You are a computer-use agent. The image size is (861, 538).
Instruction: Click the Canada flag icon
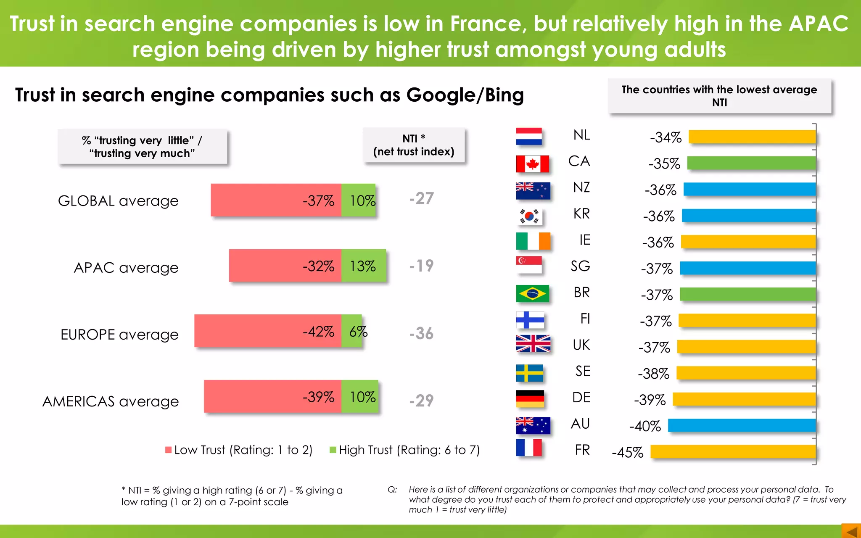pyautogui.click(x=532, y=164)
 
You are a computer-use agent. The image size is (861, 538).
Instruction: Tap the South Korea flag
pyautogui.click(x=529, y=216)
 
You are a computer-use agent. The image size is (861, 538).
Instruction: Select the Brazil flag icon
pyautogui.click(x=532, y=294)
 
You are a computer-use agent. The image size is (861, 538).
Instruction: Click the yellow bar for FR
pyautogui.click(x=733, y=452)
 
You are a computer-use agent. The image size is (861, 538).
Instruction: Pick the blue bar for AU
pyautogui.click(x=742, y=425)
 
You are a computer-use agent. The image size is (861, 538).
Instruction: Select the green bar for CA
pyautogui.click(x=751, y=163)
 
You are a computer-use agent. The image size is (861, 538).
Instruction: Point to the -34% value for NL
pyautogui.click(x=665, y=137)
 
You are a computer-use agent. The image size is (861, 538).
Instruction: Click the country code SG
pyautogui.click(x=580, y=266)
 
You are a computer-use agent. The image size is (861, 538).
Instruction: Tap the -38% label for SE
pyautogui.click(x=653, y=374)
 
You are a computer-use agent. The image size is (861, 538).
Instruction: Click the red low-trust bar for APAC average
pyautogui.click(x=285, y=266)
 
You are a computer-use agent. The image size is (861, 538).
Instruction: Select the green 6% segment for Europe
pyautogui.click(x=351, y=331)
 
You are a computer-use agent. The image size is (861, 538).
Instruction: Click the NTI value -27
pyautogui.click(x=421, y=198)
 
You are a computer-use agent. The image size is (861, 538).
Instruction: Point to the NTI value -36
pyautogui.click(x=421, y=333)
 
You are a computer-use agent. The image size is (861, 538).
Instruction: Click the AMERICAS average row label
pyautogui.click(x=111, y=401)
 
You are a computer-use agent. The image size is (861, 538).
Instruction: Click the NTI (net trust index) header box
pyautogui.click(x=414, y=145)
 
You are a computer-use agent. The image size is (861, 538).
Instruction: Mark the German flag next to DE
pyautogui.click(x=530, y=398)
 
